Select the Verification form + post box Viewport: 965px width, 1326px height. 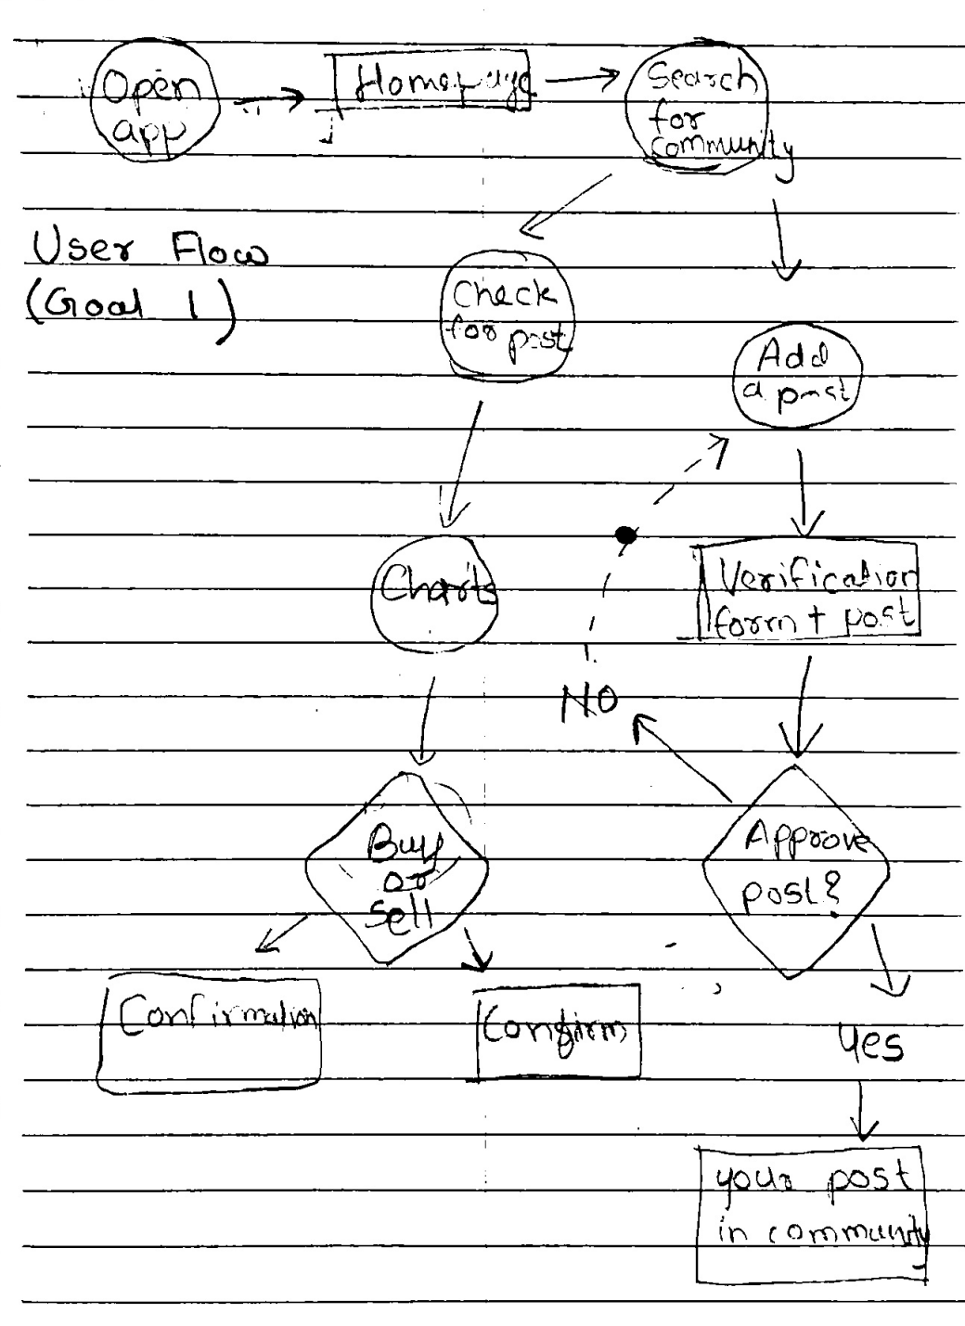(807, 591)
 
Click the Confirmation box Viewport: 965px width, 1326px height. (210, 1033)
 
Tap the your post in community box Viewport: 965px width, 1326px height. (813, 1216)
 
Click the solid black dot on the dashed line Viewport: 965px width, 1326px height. (626, 534)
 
